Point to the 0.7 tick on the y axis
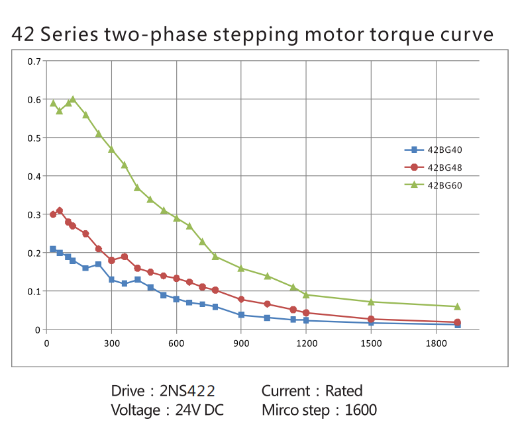tap(34, 62)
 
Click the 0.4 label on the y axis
tap(34, 176)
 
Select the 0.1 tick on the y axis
tap(34, 291)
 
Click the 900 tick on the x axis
tap(241, 343)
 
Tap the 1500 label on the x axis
tap(371, 343)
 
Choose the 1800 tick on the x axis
tap(436, 343)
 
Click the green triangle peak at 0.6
tap(72, 99)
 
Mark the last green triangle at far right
tap(457, 306)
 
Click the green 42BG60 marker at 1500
tap(371, 302)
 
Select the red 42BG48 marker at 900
tap(241, 300)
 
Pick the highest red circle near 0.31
tap(60, 210)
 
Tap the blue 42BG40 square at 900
tap(241, 315)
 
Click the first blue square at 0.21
tap(53, 249)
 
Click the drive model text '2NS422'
tap(188, 391)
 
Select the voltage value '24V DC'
tap(199, 410)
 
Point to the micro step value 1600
tap(360, 410)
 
